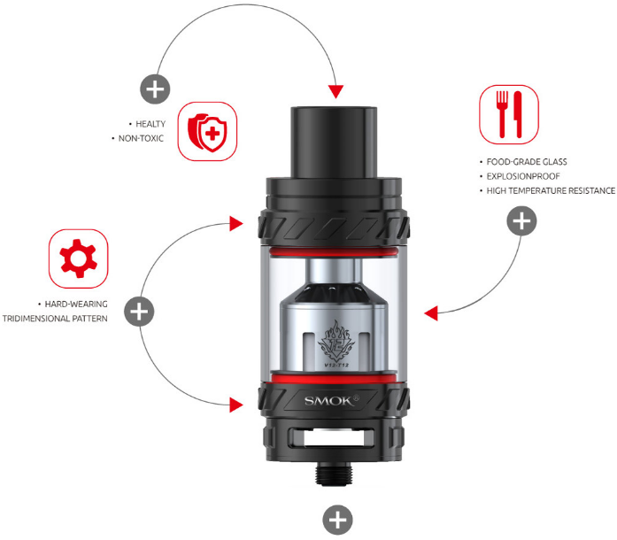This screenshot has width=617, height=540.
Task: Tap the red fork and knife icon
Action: pyautogui.click(x=508, y=113)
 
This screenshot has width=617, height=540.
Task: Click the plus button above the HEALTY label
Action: pyautogui.click(x=155, y=89)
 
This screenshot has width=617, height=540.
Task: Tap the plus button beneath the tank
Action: pyautogui.click(x=337, y=520)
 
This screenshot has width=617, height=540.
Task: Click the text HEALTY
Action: pyautogui.click(x=150, y=123)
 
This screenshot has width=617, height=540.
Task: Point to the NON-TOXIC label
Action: pyautogui.click(x=141, y=139)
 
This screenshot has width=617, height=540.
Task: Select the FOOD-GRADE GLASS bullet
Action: pyautogui.click(x=526, y=162)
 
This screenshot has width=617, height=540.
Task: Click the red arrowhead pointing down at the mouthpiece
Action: pyautogui.click(x=335, y=92)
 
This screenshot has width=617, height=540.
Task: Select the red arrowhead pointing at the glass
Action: pyautogui.click(x=431, y=313)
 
